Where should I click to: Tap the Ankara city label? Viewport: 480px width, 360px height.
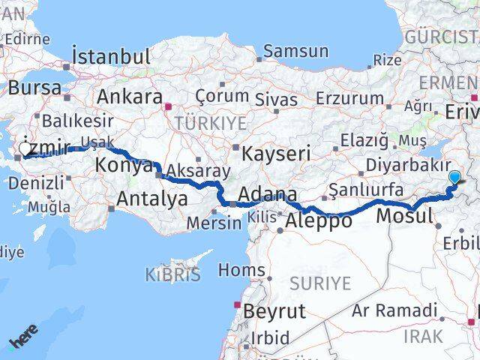click(x=130, y=97)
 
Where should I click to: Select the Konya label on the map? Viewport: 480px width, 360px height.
click(x=124, y=166)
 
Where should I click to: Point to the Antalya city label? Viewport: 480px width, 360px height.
click(x=152, y=199)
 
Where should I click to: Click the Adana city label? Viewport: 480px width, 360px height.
click(x=268, y=195)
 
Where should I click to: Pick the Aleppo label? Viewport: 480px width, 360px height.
click(x=319, y=221)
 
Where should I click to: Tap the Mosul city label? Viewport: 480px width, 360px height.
click(x=406, y=216)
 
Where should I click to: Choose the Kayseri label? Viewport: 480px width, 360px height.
click(x=276, y=154)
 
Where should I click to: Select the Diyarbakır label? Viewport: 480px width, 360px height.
click(x=408, y=165)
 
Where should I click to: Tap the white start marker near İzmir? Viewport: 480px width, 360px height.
click(x=26, y=150)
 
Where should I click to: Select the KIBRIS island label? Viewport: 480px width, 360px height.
click(x=173, y=274)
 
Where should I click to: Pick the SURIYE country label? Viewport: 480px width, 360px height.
click(x=320, y=283)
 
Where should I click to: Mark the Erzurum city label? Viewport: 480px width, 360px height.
click(x=350, y=97)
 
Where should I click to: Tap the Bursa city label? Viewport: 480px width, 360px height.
click(x=35, y=87)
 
